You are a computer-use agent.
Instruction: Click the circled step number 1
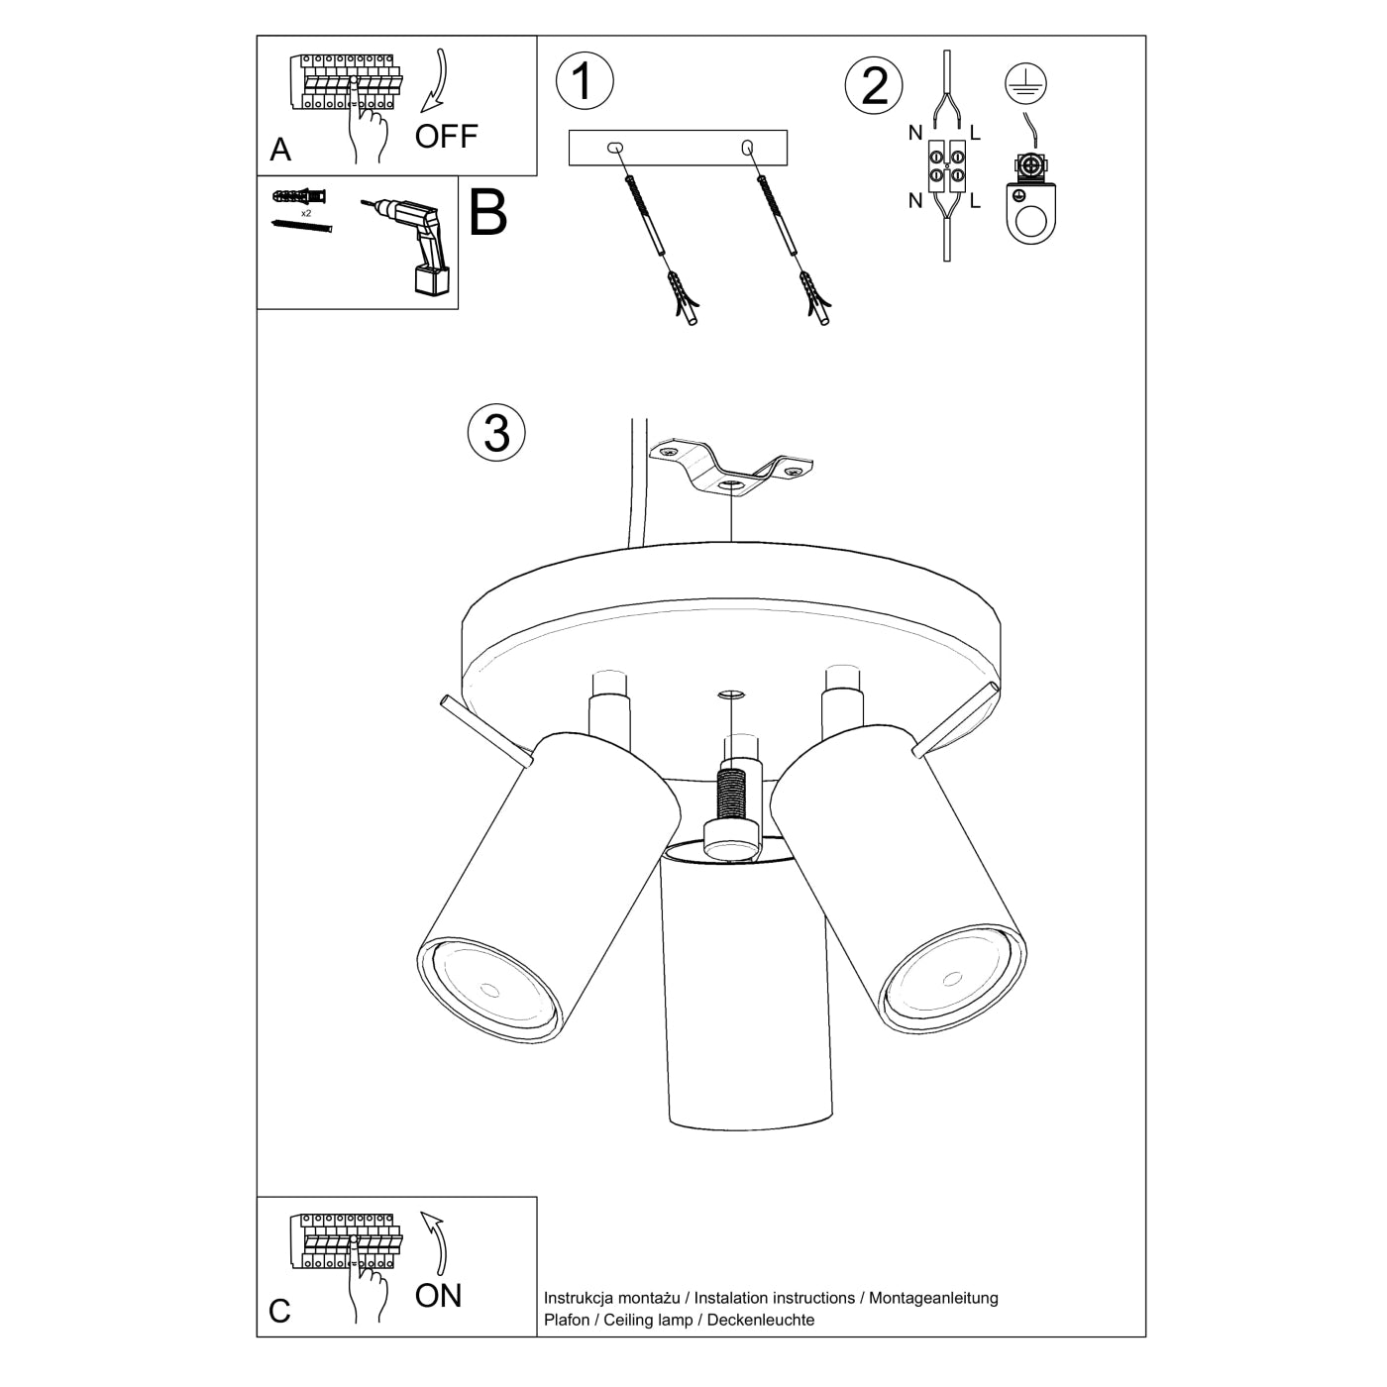point(585,80)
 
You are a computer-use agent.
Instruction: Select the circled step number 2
point(874,85)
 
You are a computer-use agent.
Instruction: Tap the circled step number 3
point(496,433)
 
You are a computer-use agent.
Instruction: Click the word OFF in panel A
point(446,136)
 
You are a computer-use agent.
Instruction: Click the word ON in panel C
point(438,1295)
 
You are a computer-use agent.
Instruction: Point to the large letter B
point(487,213)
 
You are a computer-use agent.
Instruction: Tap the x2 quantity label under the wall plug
point(306,213)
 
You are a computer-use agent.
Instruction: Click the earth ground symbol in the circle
point(1026,86)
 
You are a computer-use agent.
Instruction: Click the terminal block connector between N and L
point(946,166)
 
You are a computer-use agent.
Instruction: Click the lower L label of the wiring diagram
point(975,201)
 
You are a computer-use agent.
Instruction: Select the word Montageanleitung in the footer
point(933,1297)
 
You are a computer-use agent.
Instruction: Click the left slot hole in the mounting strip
point(616,148)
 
